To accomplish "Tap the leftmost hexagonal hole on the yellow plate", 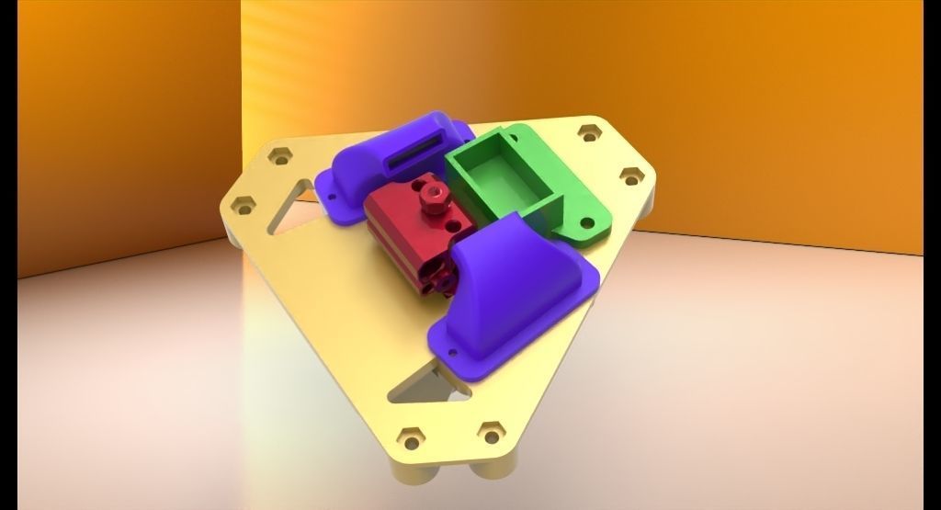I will [x=243, y=205].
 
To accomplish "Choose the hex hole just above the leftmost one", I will [x=279, y=155].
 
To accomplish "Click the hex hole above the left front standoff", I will [x=411, y=439].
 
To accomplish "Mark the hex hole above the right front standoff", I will [x=492, y=431].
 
